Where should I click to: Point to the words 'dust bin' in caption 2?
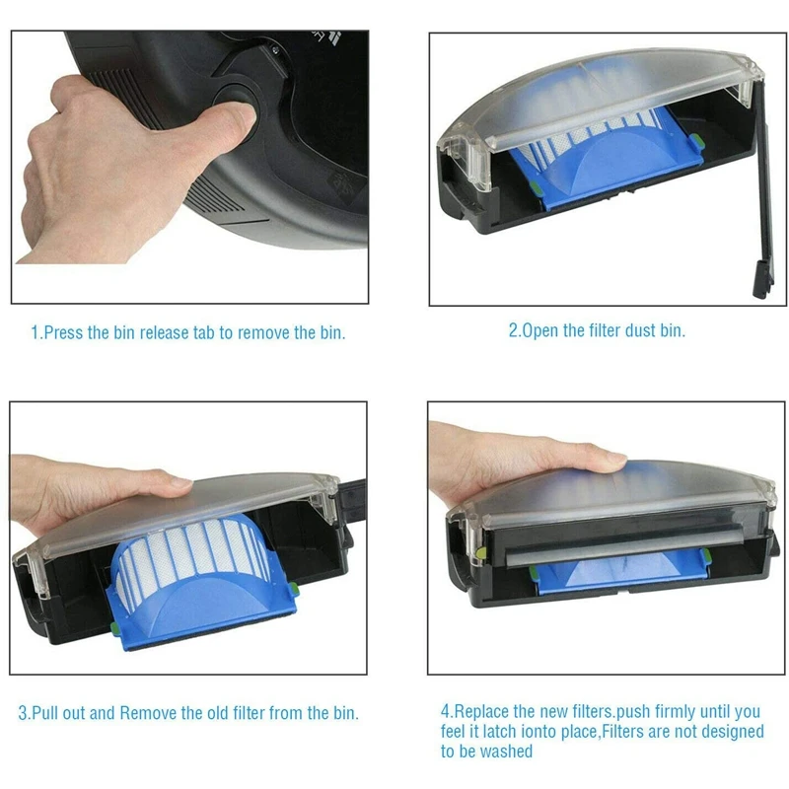(655, 331)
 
